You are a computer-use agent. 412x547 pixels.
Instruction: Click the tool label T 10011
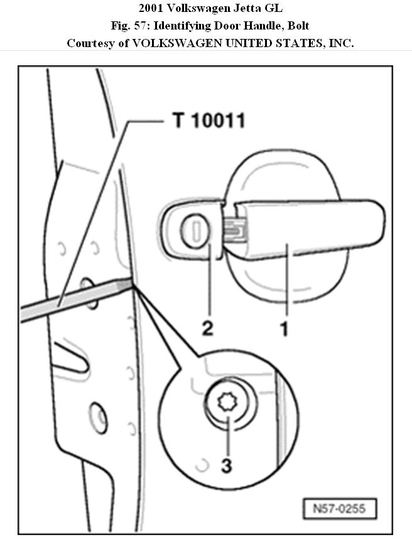pyautogui.click(x=209, y=120)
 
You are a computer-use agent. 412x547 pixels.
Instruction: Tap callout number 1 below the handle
pyautogui.click(x=285, y=328)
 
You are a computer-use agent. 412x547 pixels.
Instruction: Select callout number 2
pyautogui.click(x=208, y=328)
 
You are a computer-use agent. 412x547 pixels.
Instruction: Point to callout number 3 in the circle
pyautogui.click(x=226, y=465)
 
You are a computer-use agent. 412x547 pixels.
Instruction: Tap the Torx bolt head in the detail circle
pyautogui.click(x=227, y=401)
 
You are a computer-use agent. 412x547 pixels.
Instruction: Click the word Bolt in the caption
pyautogui.click(x=296, y=27)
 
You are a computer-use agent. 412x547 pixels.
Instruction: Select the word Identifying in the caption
pyautogui.click(x=184, y=27)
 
